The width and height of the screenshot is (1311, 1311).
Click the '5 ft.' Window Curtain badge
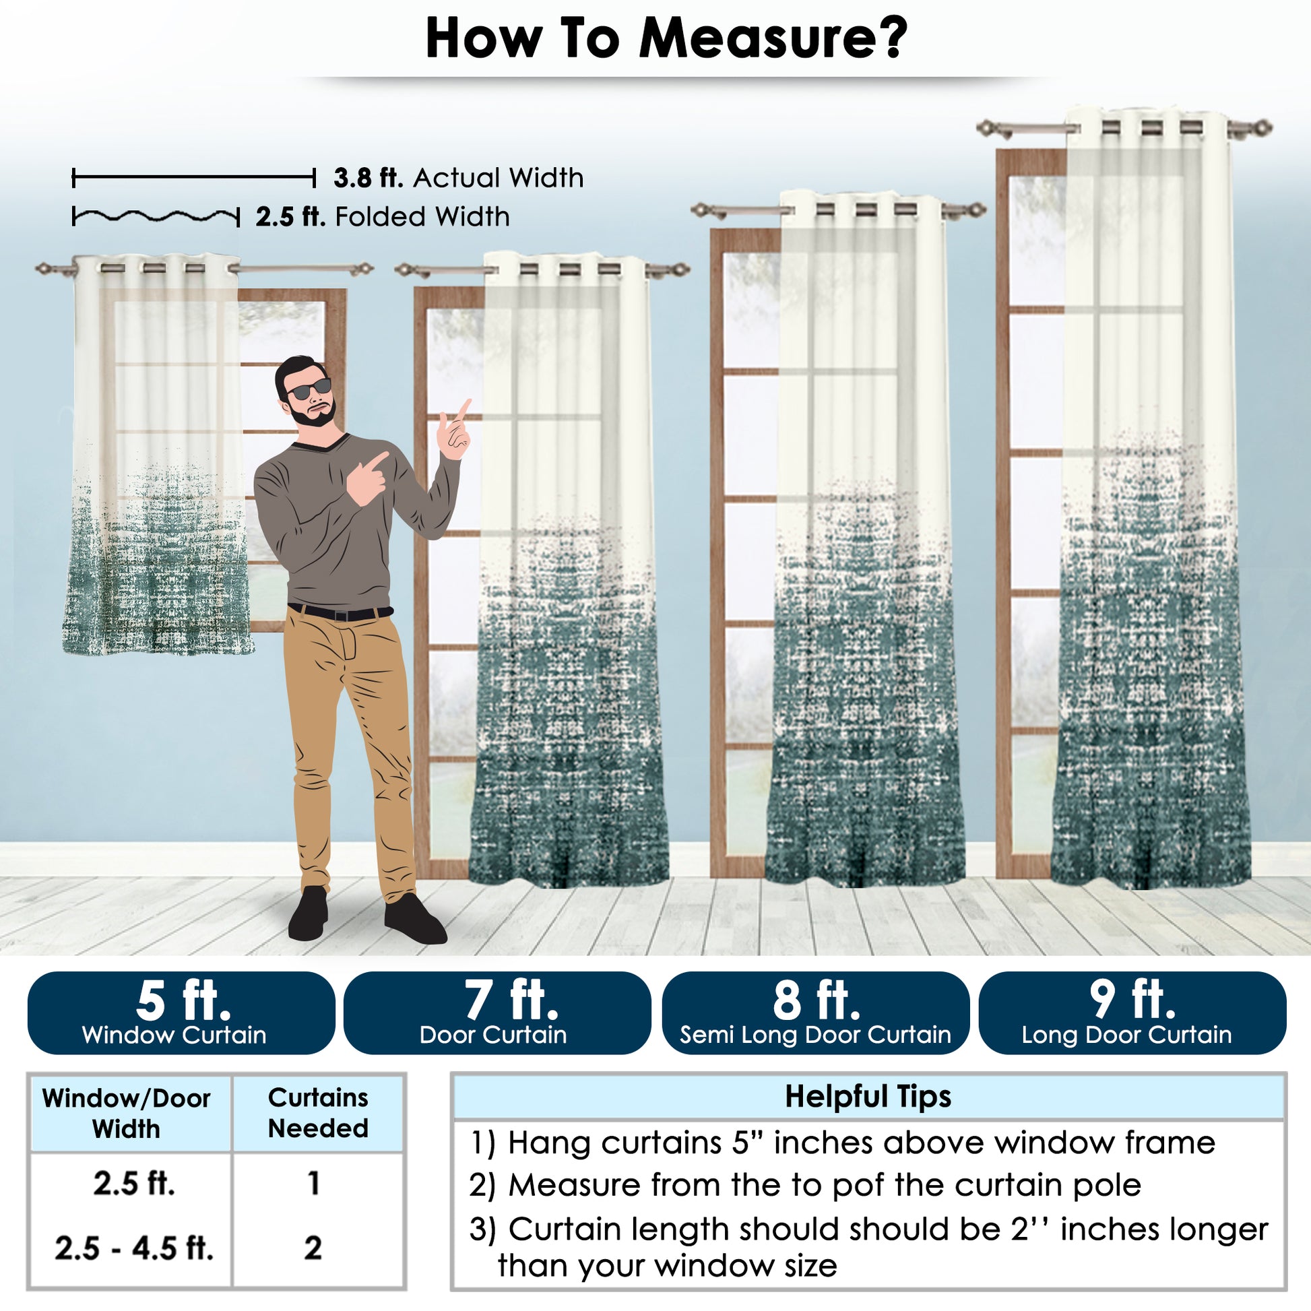tap(181, 1013)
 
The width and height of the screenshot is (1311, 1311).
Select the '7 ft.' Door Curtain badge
tap(497, 1013)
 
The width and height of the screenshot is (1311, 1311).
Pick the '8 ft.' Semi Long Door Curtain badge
tap(816, 1013)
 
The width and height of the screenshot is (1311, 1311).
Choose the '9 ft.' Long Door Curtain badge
tap(1132, 1013)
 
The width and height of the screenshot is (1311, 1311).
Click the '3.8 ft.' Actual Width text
tap(459, 178)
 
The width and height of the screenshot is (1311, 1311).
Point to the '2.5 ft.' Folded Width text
tap(383, 217)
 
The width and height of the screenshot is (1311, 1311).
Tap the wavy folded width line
tap(156, 217)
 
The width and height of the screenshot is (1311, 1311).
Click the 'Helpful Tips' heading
tap(868, 1096)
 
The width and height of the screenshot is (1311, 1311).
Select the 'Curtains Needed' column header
tap(318, 1113)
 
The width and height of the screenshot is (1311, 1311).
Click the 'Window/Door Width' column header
tap(126, 1114)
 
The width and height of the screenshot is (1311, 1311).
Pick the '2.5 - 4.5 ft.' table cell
tap(134, 1248)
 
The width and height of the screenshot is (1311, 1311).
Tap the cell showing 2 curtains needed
tap(313, 1248)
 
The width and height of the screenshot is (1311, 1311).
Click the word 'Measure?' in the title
tap(773, 38)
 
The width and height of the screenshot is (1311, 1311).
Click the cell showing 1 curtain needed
tap(313, 1183)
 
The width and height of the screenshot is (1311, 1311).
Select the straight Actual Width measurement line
tap(193, 179)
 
